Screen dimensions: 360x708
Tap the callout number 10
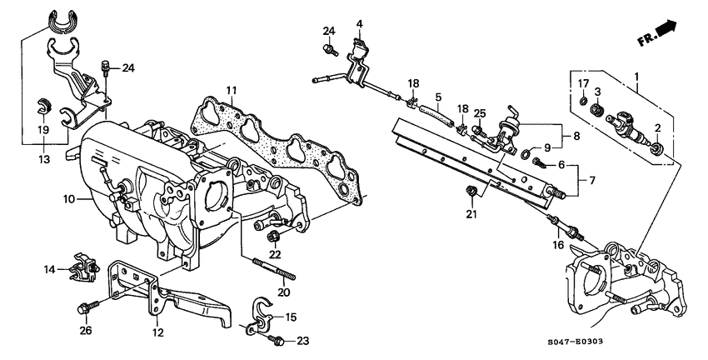click(69, 198)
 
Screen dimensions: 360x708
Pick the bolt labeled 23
click(279, 341)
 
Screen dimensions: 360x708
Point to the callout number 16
click(558, 245)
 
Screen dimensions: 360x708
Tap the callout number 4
click(360, 23)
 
